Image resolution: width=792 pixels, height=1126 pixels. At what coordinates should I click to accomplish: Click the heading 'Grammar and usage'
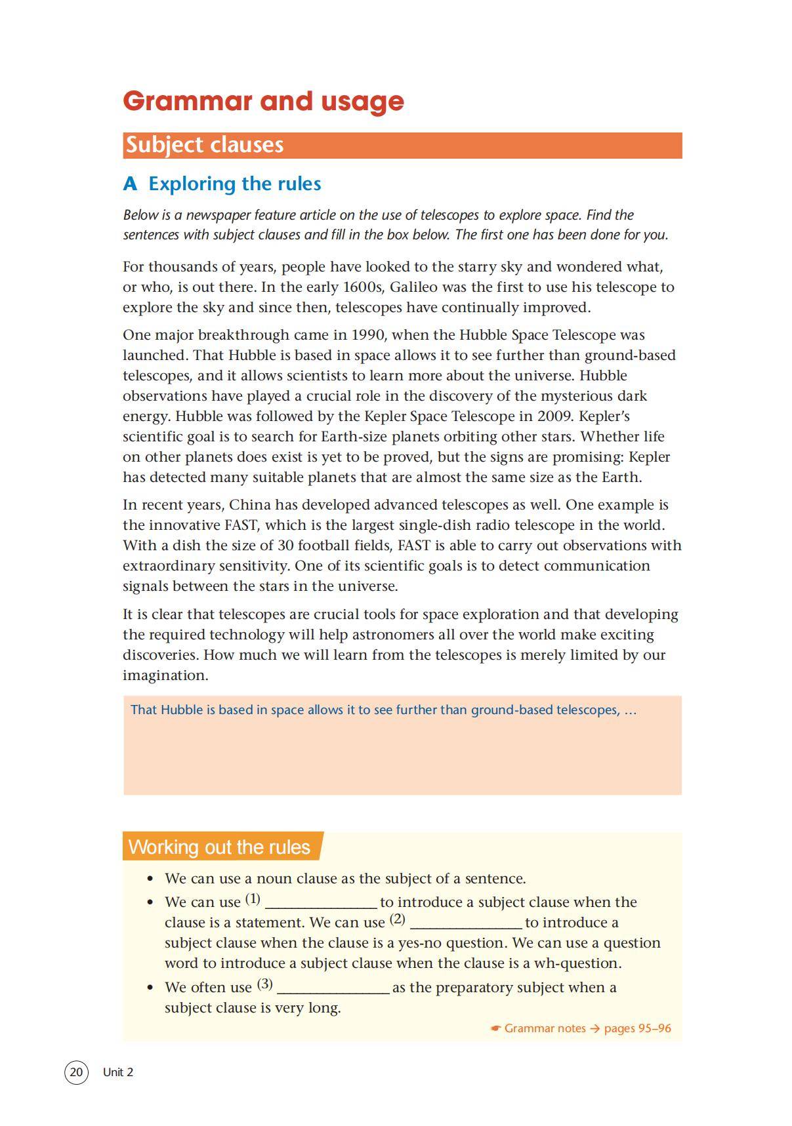[x=263, y=101]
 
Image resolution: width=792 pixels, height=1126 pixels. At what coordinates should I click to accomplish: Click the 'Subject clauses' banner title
[x=204, y=145]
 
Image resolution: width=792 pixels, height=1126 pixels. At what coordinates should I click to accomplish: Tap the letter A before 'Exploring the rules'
[x=130, y=184]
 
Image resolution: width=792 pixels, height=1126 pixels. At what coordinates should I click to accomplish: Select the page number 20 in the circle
[x=76, y=1072]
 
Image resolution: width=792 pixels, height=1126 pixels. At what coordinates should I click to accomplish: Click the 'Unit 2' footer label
[x=118, y=1072]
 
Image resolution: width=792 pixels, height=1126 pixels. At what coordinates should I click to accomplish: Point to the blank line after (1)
[x=320, y=903]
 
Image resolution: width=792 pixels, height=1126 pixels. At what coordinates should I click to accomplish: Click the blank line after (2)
[x=465, y=923]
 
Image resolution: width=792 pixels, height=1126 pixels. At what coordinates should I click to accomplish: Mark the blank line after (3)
[x=333, y=988]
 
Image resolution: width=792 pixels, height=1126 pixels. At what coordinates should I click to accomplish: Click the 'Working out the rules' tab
[x=219, y=847]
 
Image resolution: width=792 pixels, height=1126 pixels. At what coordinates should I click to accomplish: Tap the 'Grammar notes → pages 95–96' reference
[x=587, y=1028]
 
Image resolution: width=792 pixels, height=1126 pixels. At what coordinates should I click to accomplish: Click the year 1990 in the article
[x=367, y=335]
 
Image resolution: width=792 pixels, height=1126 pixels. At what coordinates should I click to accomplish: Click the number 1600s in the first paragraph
[x=363, y=287]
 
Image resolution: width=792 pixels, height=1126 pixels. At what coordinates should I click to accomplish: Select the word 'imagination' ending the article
[x=164, y=675]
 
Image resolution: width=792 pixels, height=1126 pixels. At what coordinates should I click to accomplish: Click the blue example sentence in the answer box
[x=383, y=710]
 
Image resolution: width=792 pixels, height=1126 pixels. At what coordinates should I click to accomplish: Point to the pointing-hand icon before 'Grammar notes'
[x=496, y=1028]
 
